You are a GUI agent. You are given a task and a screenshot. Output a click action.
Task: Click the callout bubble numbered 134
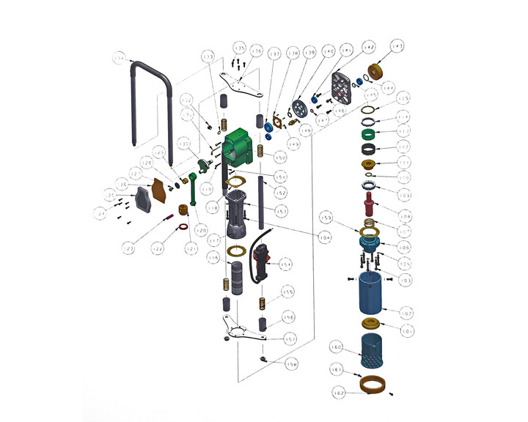pyautogui.click(x=120, y=59)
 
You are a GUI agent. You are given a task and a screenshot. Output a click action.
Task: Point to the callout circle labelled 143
pyautogui.click(x=397, y=47)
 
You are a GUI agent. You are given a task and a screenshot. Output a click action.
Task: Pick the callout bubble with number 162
pyautogui.click(x=338, y=393)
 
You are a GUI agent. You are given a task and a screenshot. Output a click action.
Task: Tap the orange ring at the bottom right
pyautogui.click(x=374, y=383)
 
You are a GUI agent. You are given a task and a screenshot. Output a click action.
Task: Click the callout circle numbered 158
pyautogui.click(x=293, y=363)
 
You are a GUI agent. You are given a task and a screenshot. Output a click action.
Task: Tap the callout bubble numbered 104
pyautogui.click(x=323, y=237)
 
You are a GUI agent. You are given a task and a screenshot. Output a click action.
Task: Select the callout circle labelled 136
pyautogui.click(x=256, y=51)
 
